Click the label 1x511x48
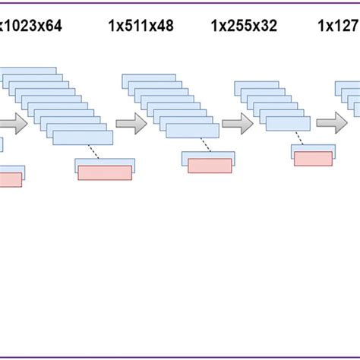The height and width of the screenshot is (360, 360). coord(141,27)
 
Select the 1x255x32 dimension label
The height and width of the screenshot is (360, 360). coord(244,27)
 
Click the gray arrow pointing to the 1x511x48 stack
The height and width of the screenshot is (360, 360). coord(131,124)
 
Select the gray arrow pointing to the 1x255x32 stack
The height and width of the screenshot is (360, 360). coord(237,124)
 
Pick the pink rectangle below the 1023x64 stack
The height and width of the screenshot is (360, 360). coord(105,172)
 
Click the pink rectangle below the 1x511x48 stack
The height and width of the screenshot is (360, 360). coord(210,166)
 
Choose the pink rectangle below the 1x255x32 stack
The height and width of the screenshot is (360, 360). coord(313,159)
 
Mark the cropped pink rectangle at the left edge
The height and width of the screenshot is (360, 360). coord(11,180)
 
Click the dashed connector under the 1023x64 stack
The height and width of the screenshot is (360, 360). coord(94,152)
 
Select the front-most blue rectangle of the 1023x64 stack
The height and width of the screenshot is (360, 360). coord(83,137)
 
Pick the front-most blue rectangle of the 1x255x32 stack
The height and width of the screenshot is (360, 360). coord(288,124)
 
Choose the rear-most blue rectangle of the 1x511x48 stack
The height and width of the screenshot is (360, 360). coord(148,77)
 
